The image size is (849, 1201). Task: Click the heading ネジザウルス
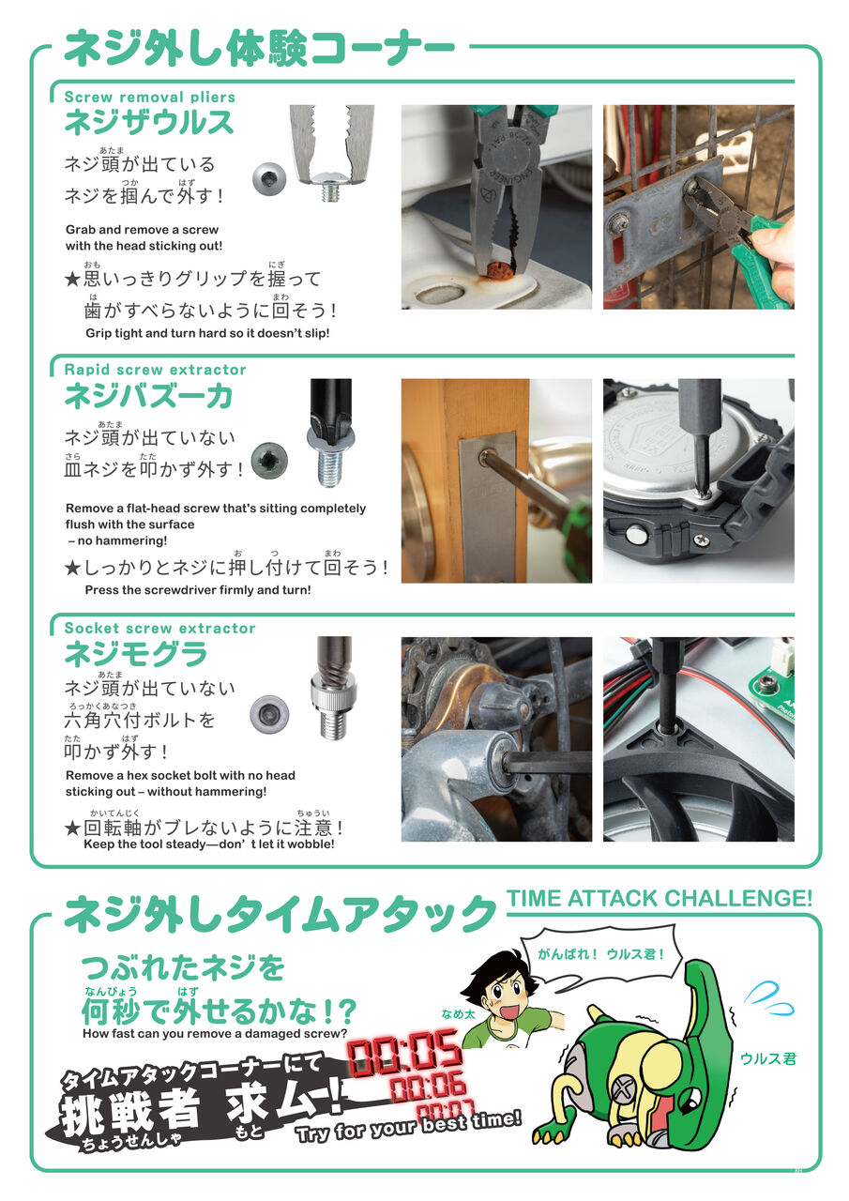pyautogui.click(x=149, y=122)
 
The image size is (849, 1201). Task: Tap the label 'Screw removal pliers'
pyautogui.click(x=150, y=97)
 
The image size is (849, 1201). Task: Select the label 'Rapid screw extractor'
pyautogui.click(x=156, y=370)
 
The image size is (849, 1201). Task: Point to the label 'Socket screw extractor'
pyautogui.click(x=159, y=628)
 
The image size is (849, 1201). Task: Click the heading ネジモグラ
pyautogui.click(x=136, y=654)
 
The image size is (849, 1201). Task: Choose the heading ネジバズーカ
pyautogui.click(x=149, y=396)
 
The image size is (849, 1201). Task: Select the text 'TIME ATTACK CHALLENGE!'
pyautogui.click(x=659, y=898)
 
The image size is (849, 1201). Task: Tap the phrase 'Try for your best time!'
pyautogui.click(x=408, y=1127)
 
